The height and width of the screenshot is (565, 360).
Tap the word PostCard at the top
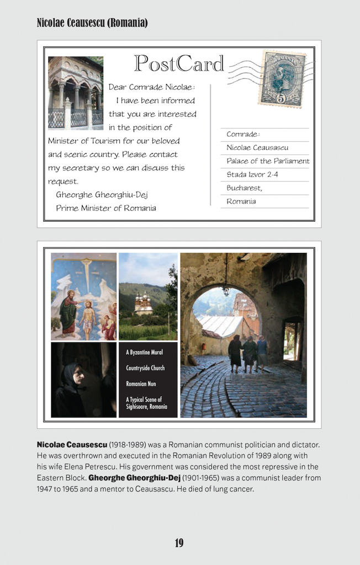(179, 64)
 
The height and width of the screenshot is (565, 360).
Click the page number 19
(179, 543)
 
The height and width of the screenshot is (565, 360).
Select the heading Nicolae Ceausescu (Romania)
(92, 23)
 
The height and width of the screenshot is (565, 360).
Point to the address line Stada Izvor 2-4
(252, 174)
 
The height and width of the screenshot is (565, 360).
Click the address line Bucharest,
(244, 188)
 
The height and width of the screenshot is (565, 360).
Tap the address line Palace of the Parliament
(268, 161)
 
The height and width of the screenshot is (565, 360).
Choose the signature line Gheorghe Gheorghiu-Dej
(102, 195)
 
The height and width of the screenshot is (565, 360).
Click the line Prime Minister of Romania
(105, 208)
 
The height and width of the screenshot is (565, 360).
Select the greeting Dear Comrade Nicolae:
(152, 87)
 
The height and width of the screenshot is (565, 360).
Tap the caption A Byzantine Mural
(144, 352)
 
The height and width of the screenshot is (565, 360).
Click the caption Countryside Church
(145, 368)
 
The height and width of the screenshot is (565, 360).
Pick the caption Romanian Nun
(141, 383)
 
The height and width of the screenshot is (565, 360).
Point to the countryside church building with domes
(144, 303)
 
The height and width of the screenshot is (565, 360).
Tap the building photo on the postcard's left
(76, 93)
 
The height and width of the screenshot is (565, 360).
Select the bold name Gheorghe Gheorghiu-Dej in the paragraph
(135, 478)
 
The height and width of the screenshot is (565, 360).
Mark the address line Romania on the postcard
(241, 201)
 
